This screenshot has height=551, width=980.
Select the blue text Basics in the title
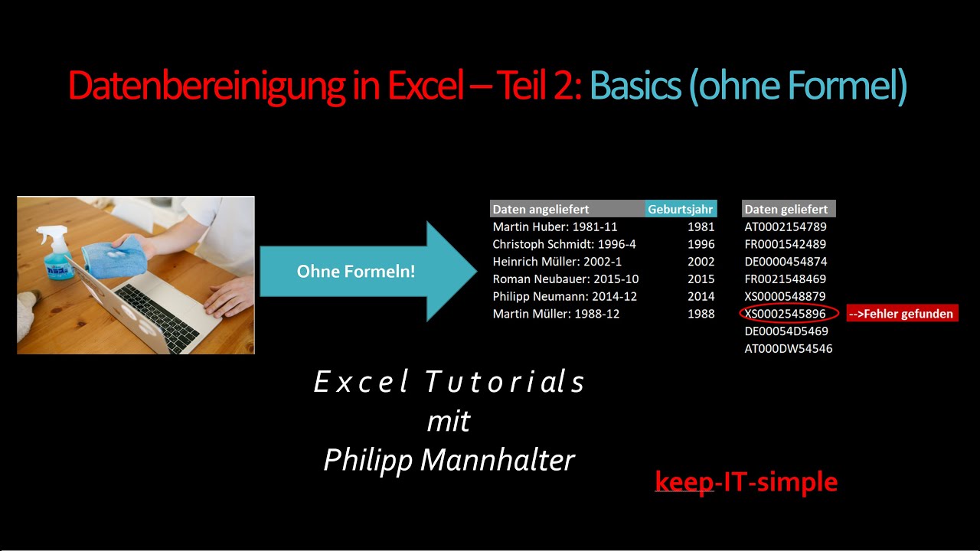(635, 86)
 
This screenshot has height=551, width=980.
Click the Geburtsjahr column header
(681, 209)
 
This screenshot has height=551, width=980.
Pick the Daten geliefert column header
(787, 209)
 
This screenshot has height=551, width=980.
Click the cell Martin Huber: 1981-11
(555, 227)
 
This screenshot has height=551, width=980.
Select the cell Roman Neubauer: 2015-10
(565, 279)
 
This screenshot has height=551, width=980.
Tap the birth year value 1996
(701, 245)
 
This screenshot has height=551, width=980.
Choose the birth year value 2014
(701, 297)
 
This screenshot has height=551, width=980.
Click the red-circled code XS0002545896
(786, 314)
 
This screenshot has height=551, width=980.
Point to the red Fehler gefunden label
(902, 314)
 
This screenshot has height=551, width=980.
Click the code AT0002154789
(786, 227)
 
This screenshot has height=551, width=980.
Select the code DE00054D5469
(786, 331)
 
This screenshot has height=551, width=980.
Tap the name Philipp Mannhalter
(449, 460)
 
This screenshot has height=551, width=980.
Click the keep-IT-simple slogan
(746, 482)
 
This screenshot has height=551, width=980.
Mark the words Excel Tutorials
(449, 382)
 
